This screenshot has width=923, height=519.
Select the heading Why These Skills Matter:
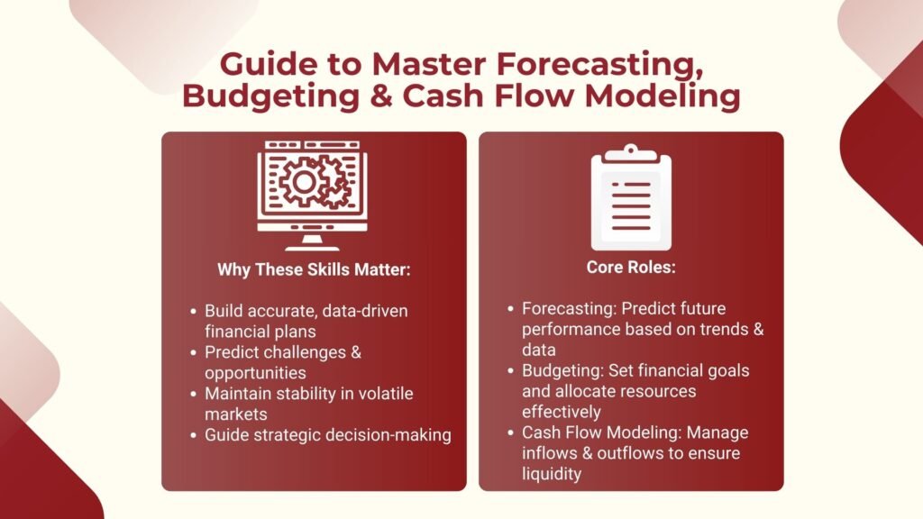tap(313, 269)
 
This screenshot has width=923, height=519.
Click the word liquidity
tap(553, 473)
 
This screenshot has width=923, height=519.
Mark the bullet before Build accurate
tap(193, 311)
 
